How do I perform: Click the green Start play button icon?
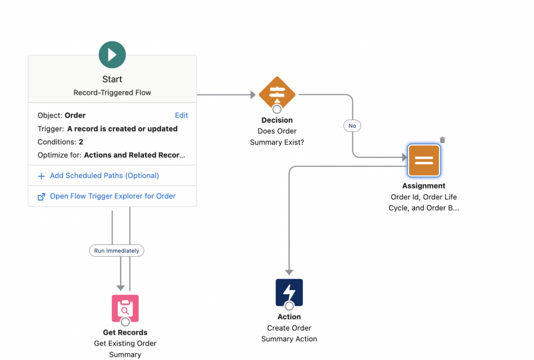(x=112, y=54)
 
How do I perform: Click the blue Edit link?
(x=181, y=115)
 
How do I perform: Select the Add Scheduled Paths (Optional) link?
(x=104, y=176)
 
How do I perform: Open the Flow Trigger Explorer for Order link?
(x=113, y=196)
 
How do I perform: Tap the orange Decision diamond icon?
(x=277, y=94)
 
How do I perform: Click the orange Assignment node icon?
(x=423, y=161)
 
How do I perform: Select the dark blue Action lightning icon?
(x=289, y=293)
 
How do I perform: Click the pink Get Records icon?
(x=125, y=308)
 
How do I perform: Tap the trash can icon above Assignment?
(x=442, y=140)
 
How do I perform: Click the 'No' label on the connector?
(x=352, y=126)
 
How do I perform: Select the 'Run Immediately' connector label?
(x=116, y=250)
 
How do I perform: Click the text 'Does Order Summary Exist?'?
(x=277, y=137)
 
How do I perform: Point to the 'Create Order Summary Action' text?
(x=289, y=333)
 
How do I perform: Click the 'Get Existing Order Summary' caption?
(x=125, y=349)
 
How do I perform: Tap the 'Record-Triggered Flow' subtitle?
(x=112, y=92)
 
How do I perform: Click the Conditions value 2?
(x=81, y=142)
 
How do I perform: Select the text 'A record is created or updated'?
(x=122, y=129)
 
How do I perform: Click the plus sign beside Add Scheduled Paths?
(x=41, y=176)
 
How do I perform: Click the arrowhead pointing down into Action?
(x=289, y=272)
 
